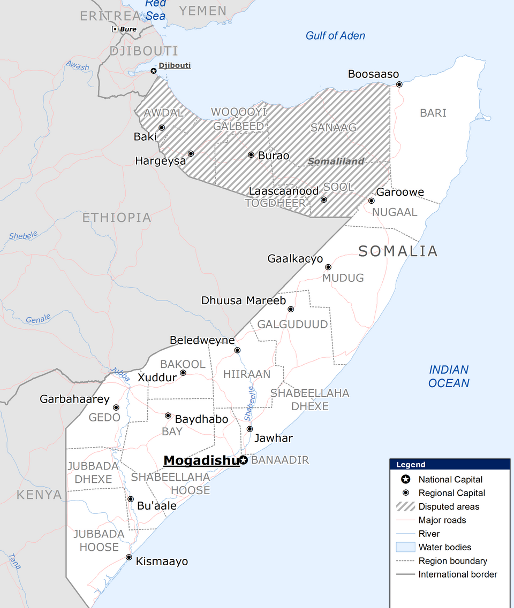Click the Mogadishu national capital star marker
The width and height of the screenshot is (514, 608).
tap(244, 460)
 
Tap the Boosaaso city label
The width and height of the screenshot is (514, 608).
tap(373, 74)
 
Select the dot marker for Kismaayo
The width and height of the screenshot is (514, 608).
tap(129, 557)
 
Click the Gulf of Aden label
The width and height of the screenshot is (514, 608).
tap(335, 36)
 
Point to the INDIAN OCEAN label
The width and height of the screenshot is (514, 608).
tap(449, 376)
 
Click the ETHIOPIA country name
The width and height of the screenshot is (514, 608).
tap(116, 218)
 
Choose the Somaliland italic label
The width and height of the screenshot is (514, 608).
tap(336, 161)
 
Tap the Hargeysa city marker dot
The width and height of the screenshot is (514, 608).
tap(191, 153)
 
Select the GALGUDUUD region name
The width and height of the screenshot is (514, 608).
tap(292, 325)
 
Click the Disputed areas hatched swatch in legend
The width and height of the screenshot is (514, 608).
tap(405, 506)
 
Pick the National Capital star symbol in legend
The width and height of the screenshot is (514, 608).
tap(405, 479)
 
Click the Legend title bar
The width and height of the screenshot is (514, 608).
tap(449, 465)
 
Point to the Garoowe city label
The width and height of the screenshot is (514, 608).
tap(400, 192)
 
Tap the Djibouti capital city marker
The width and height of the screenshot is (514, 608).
tap(154, 71)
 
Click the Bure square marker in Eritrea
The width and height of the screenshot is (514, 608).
tap(115, 29)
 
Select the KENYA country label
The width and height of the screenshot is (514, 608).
tap(39, 495)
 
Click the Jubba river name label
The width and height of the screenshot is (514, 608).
tap(120, 374)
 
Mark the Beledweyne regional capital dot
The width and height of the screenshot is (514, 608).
tap(238, 350)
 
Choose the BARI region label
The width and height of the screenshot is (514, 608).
tap(433, 113)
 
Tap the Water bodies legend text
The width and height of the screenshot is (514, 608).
tap(444, 547)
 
